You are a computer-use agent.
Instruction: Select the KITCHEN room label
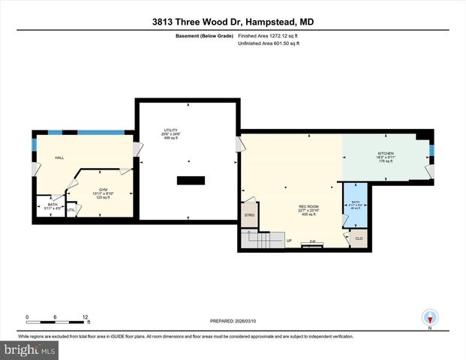pyautogui.click(x=385, y=154)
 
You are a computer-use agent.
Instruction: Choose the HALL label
pyautogui.click(x=59, y=157)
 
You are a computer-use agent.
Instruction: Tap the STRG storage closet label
pyautogui.click(x=248, y=215)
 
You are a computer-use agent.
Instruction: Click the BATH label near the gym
pyautogui.click(x=52, y=205)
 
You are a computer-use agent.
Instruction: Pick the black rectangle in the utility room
pyautogui.click(x=190, y=180)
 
